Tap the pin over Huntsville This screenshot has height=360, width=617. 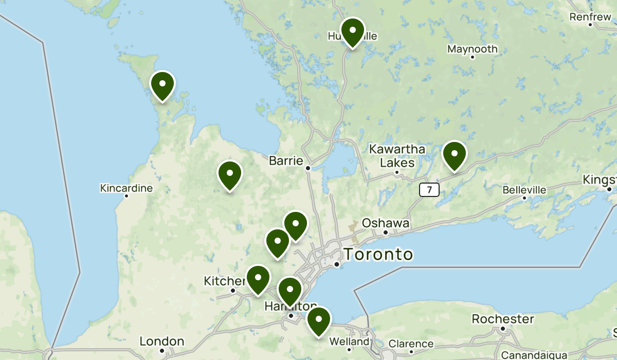click(x=352, y=31)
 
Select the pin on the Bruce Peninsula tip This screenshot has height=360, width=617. click(x=162, y=84)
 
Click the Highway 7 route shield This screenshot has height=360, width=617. click(x=429, y=190)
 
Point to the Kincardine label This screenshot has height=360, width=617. click(x=126, y=188)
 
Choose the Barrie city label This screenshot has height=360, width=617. click(x=286, y=161)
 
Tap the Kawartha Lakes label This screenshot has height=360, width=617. click(x=397, y=156)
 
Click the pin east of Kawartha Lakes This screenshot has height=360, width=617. click(x=455, y=154)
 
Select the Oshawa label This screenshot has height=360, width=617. click(x=386, y=223)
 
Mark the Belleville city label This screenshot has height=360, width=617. click(x=524, y=190)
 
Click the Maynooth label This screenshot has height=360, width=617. click(x=472, y=49)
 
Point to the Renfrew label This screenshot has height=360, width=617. click(x=590, y=17)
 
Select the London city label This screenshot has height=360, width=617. click(x=162, y=341)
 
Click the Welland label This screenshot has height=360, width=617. click(x=349, y=341)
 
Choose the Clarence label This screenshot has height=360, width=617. click(x=411, y=344)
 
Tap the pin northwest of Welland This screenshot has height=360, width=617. click(x=319, y=320)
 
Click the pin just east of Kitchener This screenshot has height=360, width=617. click(x=258, y=278)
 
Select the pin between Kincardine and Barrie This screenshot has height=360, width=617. click(x=230, y=174)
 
